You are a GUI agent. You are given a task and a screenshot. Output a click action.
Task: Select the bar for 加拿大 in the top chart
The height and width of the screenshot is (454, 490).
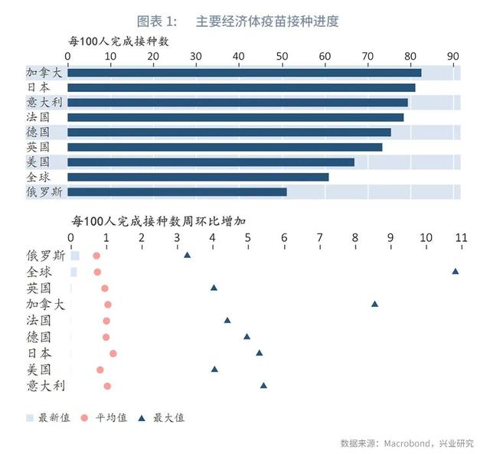pos(244,73)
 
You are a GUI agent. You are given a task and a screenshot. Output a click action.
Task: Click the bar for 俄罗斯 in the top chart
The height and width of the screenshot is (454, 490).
pos(177,192)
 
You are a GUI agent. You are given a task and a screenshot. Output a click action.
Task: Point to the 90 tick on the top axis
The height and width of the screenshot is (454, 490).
pos(454,56)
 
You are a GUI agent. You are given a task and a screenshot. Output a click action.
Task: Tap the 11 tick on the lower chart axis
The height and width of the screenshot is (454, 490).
pos(461,238)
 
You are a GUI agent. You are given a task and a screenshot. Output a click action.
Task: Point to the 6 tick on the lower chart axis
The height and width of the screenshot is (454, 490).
pos(284,238)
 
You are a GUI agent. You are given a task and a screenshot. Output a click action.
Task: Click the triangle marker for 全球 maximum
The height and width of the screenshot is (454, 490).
pos(456,271)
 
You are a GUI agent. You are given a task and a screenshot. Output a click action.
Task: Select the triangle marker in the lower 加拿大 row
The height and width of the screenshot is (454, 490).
pos(374,304)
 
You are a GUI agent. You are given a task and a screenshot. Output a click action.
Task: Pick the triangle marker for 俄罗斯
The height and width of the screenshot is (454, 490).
pos(188,254)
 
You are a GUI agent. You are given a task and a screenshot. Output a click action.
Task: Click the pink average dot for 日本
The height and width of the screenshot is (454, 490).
pos(113,354)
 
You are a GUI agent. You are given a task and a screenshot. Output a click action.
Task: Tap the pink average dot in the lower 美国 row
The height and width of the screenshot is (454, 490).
pos(100,370)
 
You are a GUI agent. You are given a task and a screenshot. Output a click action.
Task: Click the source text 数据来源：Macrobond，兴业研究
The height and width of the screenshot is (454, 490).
pos(407,443)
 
